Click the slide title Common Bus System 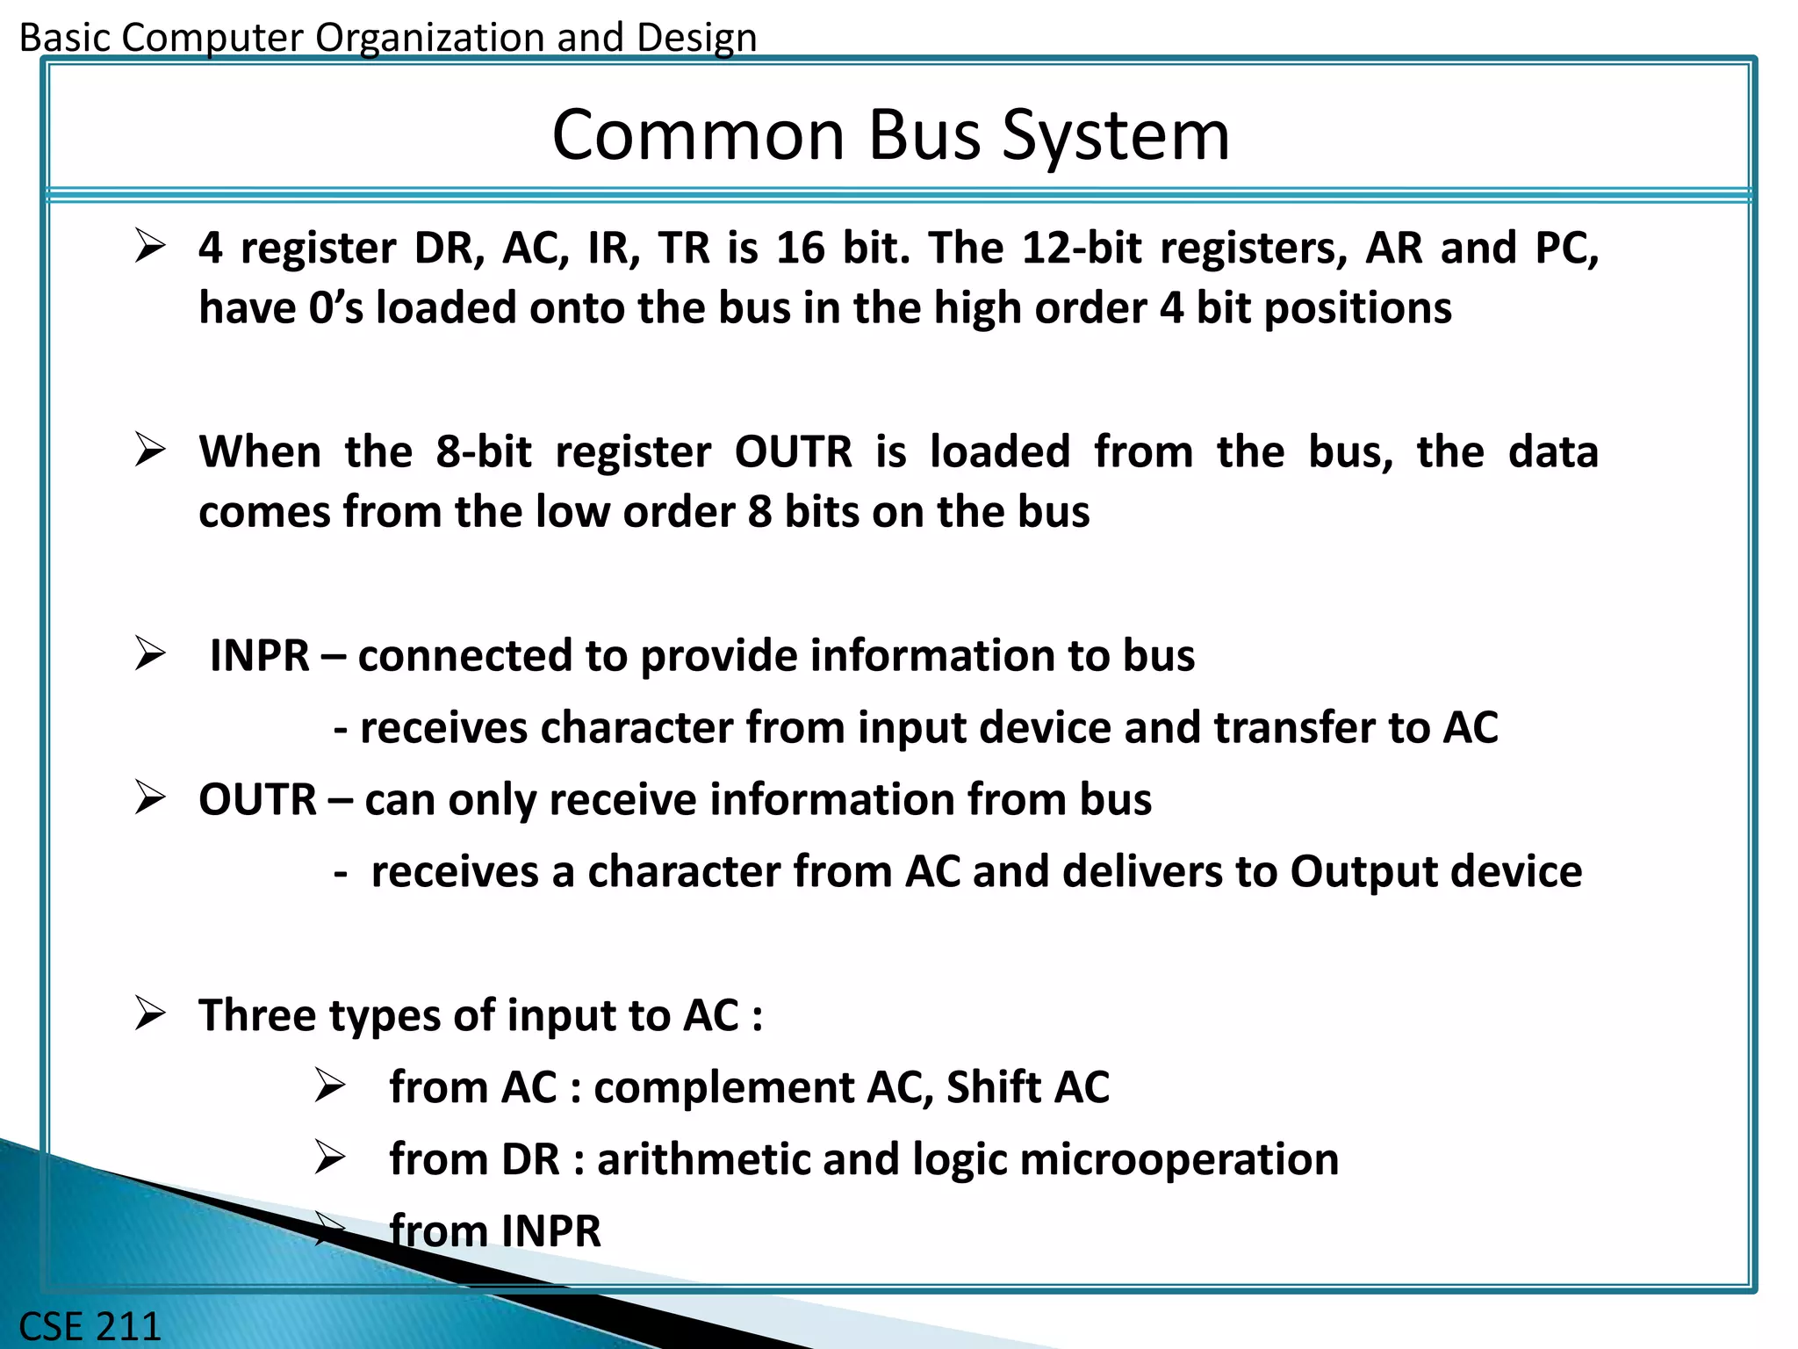click(x=890, y=135)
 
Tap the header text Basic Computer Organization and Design click(x=387, y=38)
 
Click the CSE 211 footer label click(x=90, y=1325)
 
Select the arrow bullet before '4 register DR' click(x=150, y=247)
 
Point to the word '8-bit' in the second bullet click(x=483, y=452)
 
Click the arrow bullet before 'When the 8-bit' click(x=150, y=451)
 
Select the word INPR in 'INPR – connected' click(x=260, y=656)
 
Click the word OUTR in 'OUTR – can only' click(x=256, y=800)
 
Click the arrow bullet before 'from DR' click(x=330, y=1158)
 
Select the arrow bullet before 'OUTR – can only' click(x=150, y=798)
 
